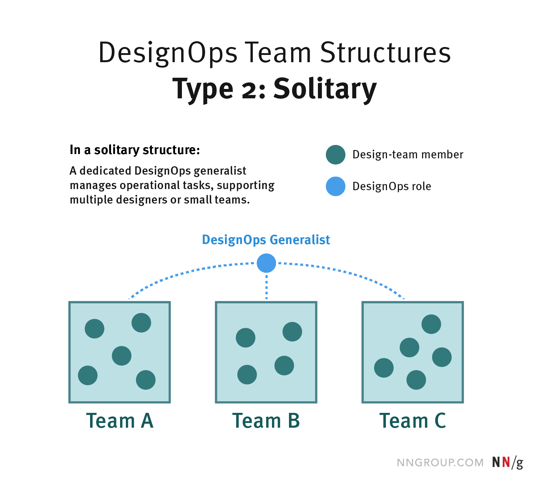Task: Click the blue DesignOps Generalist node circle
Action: coord(266,263)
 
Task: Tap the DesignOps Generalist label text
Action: coord(266,240)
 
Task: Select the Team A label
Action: coord(120,421)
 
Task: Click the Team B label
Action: coord(266,421)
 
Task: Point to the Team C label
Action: coord(413,421)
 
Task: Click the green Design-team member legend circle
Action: coord(336,155)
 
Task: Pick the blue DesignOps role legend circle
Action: coord(336,187)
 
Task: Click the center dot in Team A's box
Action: coord(122,356)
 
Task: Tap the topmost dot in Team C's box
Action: coord(431,324)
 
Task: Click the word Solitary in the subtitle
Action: coord(325,89)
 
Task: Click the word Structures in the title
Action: coord(385,53)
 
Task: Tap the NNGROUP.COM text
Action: coord(440,463)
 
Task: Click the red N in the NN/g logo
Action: coord(506,462)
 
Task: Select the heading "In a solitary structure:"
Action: coord(135,150)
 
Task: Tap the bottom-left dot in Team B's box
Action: coord(247,375)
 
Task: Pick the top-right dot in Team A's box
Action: coord(141,322)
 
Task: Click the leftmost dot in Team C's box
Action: coord(384,368)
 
